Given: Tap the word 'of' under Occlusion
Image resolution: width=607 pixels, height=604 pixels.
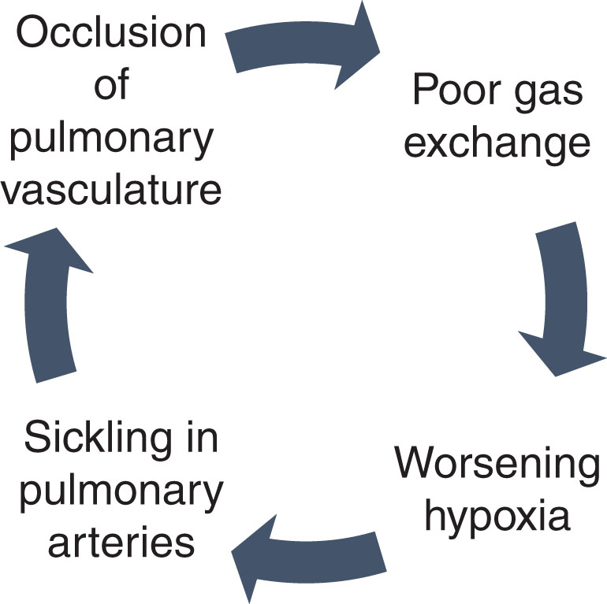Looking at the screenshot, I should coord(112,85).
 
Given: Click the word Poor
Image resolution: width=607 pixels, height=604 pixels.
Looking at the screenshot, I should coord(450,91).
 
